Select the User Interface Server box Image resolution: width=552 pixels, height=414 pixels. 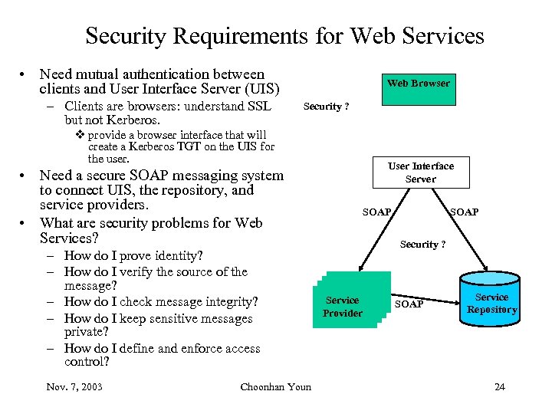click(420, 172)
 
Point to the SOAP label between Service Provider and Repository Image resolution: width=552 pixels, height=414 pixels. click(408, 304)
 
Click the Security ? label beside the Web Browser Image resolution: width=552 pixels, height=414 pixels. click(326, 107)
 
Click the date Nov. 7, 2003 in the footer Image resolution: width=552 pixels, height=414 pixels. click(74, 386)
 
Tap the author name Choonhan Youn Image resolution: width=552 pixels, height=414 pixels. click(276, 386)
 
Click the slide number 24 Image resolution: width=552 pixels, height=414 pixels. click(500, 386)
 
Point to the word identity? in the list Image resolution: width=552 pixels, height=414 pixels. click(177, 256)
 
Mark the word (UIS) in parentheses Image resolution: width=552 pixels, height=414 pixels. click(258, 89)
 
